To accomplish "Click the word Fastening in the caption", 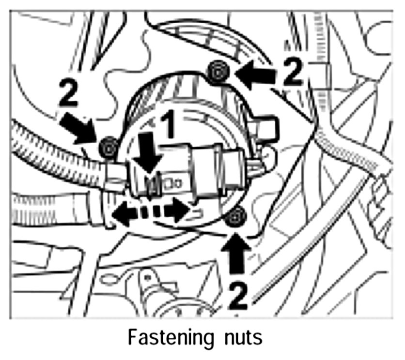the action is click(x=171, y=338).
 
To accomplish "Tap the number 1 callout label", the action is click(x=168, y=126).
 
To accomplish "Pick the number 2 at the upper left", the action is click(x=68, y=92).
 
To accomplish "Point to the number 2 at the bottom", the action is click(x=238, y=296).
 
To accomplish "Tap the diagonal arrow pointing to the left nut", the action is click(x=78, y=128).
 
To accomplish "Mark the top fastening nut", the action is click(x=218, y=72).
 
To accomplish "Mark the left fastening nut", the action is click(x=109, y=148).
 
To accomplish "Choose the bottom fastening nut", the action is click(x=235, y=218).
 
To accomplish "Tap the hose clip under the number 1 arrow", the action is click(x=153, y=186).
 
